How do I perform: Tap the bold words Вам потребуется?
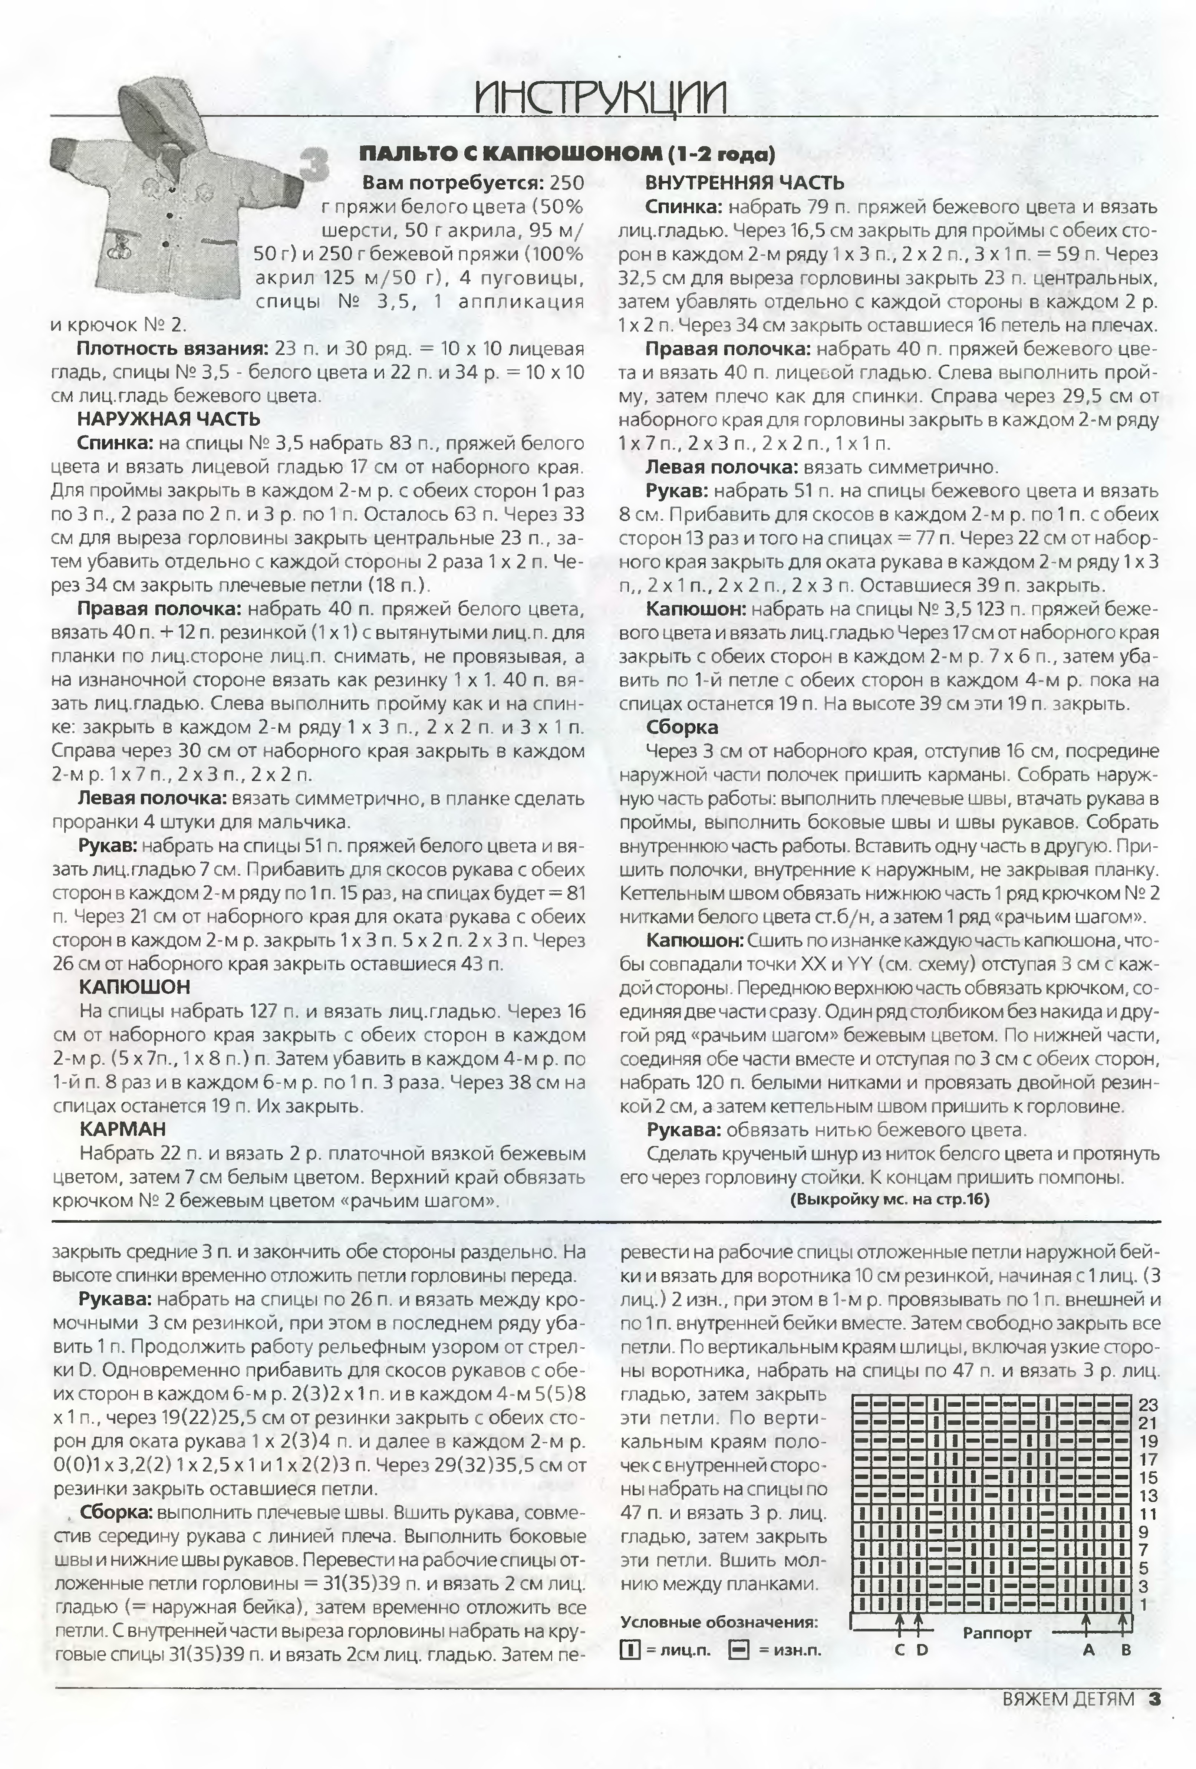452,184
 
